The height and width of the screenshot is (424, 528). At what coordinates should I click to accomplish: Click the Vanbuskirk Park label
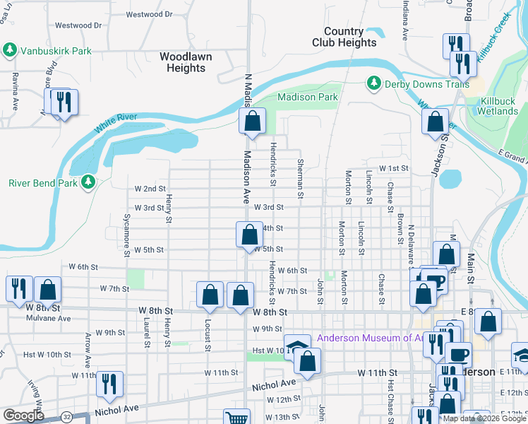(56, 51)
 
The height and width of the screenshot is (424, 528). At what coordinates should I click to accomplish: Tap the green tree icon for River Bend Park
(88, 182)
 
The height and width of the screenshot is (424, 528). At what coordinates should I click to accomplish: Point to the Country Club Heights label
(344, 37)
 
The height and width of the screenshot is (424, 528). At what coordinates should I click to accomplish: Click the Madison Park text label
(308, 97)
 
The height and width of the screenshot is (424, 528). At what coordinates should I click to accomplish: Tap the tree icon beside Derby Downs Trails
(373, 84)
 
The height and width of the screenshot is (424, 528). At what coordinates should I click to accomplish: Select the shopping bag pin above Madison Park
(252, 122)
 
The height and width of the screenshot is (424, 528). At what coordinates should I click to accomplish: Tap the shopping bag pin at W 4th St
(248, 235)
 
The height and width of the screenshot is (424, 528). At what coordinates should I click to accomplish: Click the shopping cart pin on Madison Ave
(237, 419)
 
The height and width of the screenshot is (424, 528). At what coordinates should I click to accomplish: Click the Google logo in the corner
(23, 416)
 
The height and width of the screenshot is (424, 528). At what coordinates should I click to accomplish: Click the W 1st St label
(394, 169)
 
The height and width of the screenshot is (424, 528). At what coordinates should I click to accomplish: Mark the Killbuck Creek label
(493, 35)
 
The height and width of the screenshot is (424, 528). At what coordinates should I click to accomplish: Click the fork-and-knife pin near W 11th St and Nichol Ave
(109, 384)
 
